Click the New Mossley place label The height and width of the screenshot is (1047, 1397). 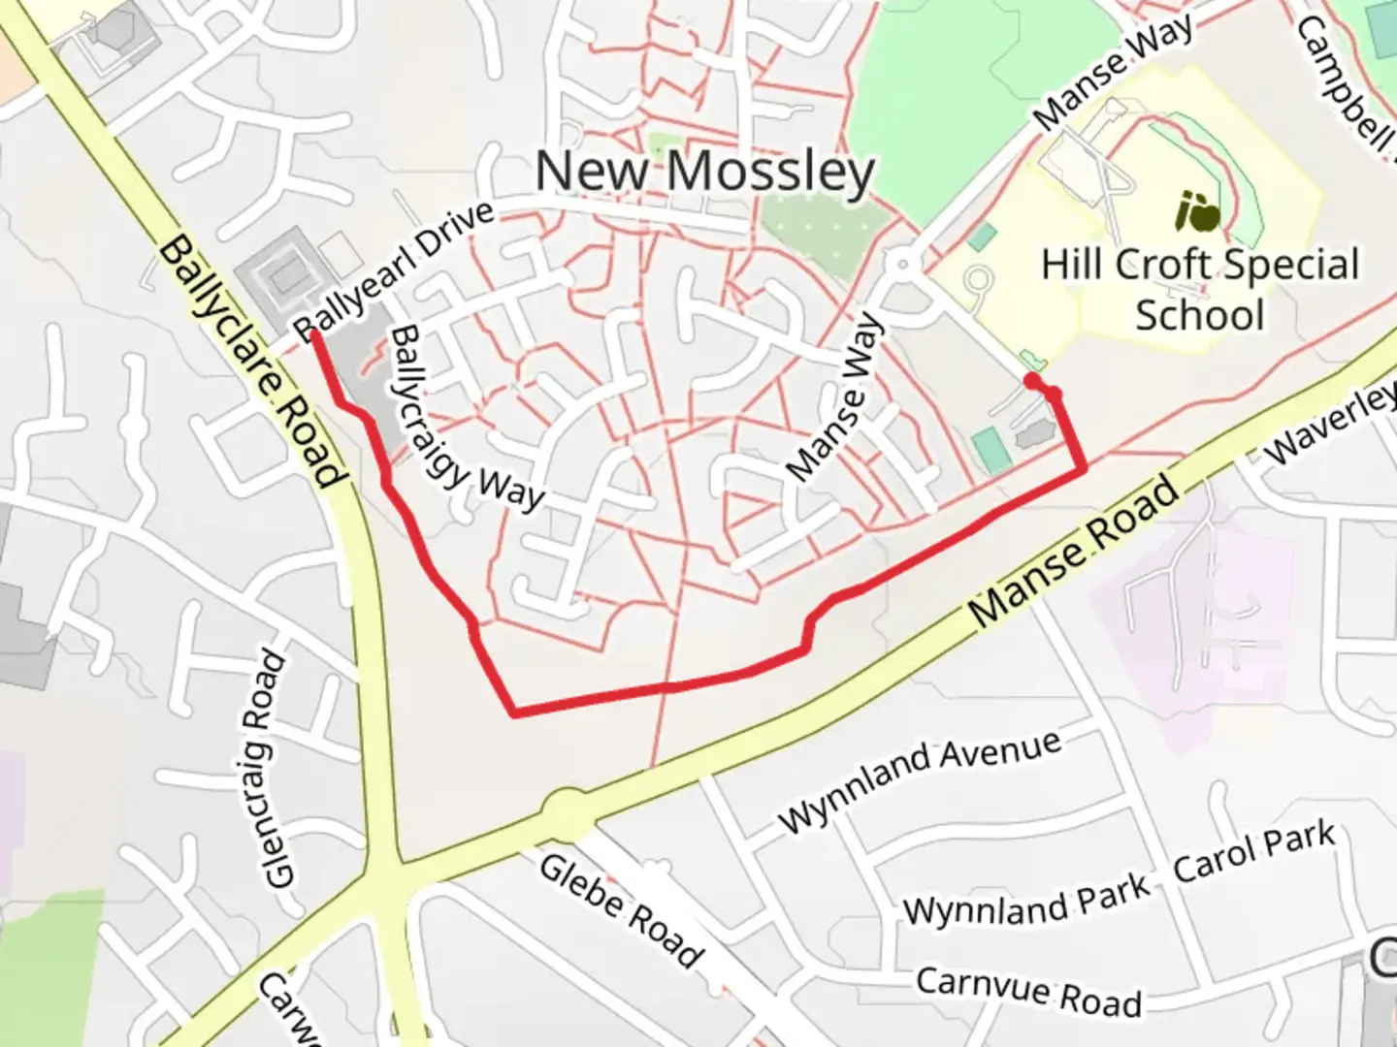[705, 172]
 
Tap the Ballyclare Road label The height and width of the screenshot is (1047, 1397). [250, 361]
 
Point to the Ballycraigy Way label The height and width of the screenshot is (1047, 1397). [465, 419]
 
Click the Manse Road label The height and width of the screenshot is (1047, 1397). [1075, 552]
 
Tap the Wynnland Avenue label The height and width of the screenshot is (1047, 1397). [919, 779]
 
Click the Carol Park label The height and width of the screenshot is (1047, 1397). [1254, 853]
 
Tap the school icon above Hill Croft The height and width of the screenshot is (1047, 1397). [1199, 211]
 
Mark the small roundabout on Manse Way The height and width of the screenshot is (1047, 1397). [903, 263]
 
